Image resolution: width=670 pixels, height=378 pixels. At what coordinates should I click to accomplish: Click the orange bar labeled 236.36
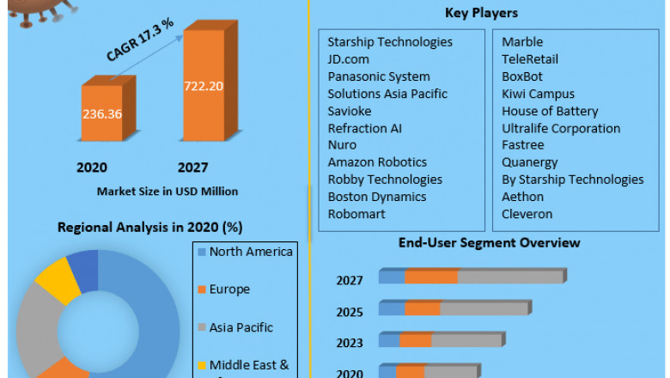pyautogui.click(x=102, y=113)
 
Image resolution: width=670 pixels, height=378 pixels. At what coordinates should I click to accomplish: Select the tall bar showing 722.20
pyautogui.click(x=204, y=86)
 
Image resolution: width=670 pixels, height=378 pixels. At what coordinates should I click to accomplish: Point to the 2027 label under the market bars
pyautogui.click(x=192, y=168)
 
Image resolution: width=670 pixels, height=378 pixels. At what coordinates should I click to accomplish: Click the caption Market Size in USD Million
pyautogui.click(x=167, y=191)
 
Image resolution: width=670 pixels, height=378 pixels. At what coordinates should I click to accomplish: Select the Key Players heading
pyautogui.click(x=482, y=13)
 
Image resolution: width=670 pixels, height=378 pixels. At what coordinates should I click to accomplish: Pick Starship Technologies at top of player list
pyautogui.click(x=390, y=42)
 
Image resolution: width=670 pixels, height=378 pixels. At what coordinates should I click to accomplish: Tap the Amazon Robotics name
pyautogui.click(x=377, y=162)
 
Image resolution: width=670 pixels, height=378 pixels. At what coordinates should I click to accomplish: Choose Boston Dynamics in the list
pyautogui.click(x=377, y=197)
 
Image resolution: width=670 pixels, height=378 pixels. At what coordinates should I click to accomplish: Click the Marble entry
pyautogui.click(x=522, y=42)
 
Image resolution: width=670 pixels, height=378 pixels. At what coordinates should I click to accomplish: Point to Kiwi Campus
pyautogui.click(x=539, y=94)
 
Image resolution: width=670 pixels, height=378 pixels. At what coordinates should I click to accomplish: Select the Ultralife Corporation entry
pyautogui.click(x=561, y=128)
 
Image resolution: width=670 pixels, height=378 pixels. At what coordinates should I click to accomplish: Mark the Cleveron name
pyautogui.click(x=527, y=214)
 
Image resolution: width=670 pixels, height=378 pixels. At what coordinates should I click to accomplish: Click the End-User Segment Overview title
pyautogui.click(x=490, y=243)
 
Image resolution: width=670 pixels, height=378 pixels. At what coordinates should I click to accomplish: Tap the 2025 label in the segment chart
pyautogui.click(x=350, y=312)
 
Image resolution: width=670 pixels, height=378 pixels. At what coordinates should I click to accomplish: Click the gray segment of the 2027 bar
pyautogui.click(x=509, y=277)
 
